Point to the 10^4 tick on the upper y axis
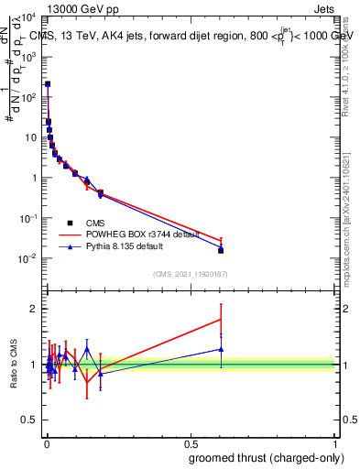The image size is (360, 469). tap(27, 17)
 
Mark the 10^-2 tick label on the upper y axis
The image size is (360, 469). tap(27, 258)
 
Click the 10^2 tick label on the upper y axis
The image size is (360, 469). tap(27, 97)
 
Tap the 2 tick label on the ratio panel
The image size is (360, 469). tap(33, 309)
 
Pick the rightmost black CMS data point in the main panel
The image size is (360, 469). tap(221, 250)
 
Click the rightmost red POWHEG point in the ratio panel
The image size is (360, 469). tap(221, 319)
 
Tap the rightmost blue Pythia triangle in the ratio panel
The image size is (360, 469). tap(221, 349)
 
